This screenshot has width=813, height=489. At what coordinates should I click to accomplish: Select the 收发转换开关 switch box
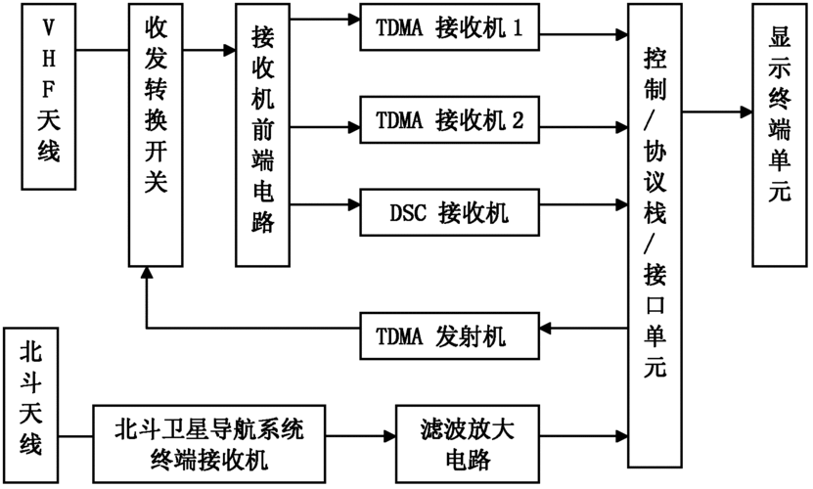point(155,135)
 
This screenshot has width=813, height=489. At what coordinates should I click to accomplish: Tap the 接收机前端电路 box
point(261,135)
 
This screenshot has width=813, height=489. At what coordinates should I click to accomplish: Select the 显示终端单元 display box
point(779,135)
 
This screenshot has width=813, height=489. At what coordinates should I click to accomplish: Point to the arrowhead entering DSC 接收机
point(351,206)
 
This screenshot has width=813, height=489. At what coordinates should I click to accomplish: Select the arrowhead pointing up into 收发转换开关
point(145,276)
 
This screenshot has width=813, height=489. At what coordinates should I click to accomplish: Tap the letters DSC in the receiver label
point(404,207)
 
